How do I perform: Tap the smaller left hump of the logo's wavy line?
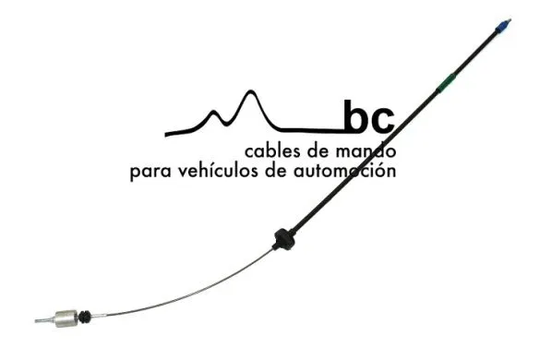(216, 112)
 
